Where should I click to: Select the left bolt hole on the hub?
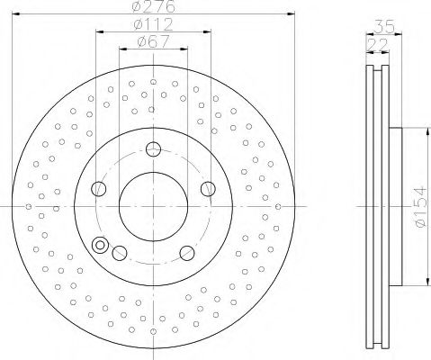99,188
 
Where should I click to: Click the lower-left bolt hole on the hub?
120,252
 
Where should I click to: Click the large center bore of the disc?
153,206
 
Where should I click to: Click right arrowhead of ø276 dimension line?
292,14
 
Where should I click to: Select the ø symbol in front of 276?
137,7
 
